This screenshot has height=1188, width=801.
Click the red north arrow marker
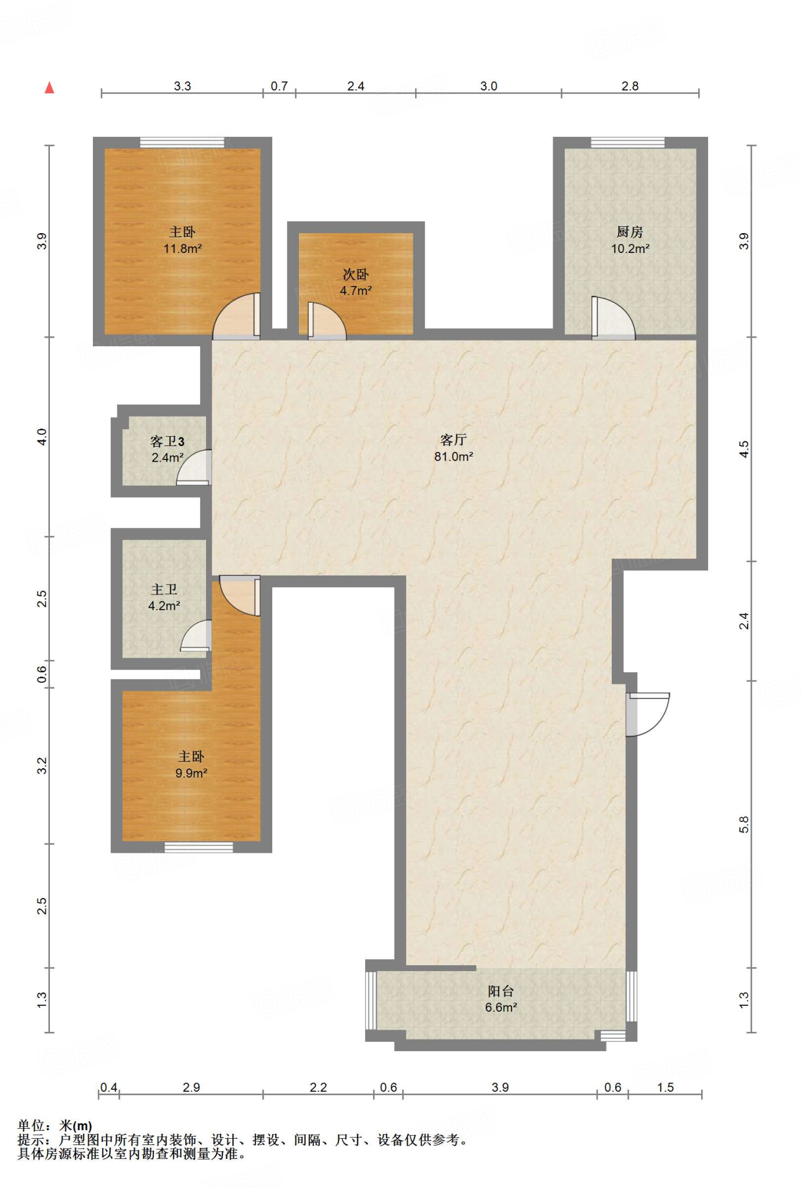tap(50, 88)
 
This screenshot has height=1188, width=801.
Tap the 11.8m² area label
tap(183, 249)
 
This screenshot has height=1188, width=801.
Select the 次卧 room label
tap(356, 274)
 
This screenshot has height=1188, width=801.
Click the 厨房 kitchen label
tap(630, 232)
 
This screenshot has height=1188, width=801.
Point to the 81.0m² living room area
tap(454, 457)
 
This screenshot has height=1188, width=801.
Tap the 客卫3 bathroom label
tap(168, 441)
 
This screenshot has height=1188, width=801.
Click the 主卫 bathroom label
tap(164, 589)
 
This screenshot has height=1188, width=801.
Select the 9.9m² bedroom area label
tap(192, 773)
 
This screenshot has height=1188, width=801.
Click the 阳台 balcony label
tap(501, 991)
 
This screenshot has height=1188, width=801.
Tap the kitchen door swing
tap(613, 317)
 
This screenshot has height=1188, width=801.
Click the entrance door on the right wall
tap(647, 714)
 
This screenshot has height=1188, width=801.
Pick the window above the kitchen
tap(628, 143)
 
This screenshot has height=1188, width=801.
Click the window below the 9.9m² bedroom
tap(199, 847)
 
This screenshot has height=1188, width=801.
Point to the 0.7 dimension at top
tap(279, 86)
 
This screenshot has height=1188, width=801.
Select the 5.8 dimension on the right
tap(745, 824)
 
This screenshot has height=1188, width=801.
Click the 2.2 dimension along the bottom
tap(318, 1087)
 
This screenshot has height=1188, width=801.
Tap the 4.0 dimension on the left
tap(42, 437)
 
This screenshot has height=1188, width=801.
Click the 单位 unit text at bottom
tap(31, 1126)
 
